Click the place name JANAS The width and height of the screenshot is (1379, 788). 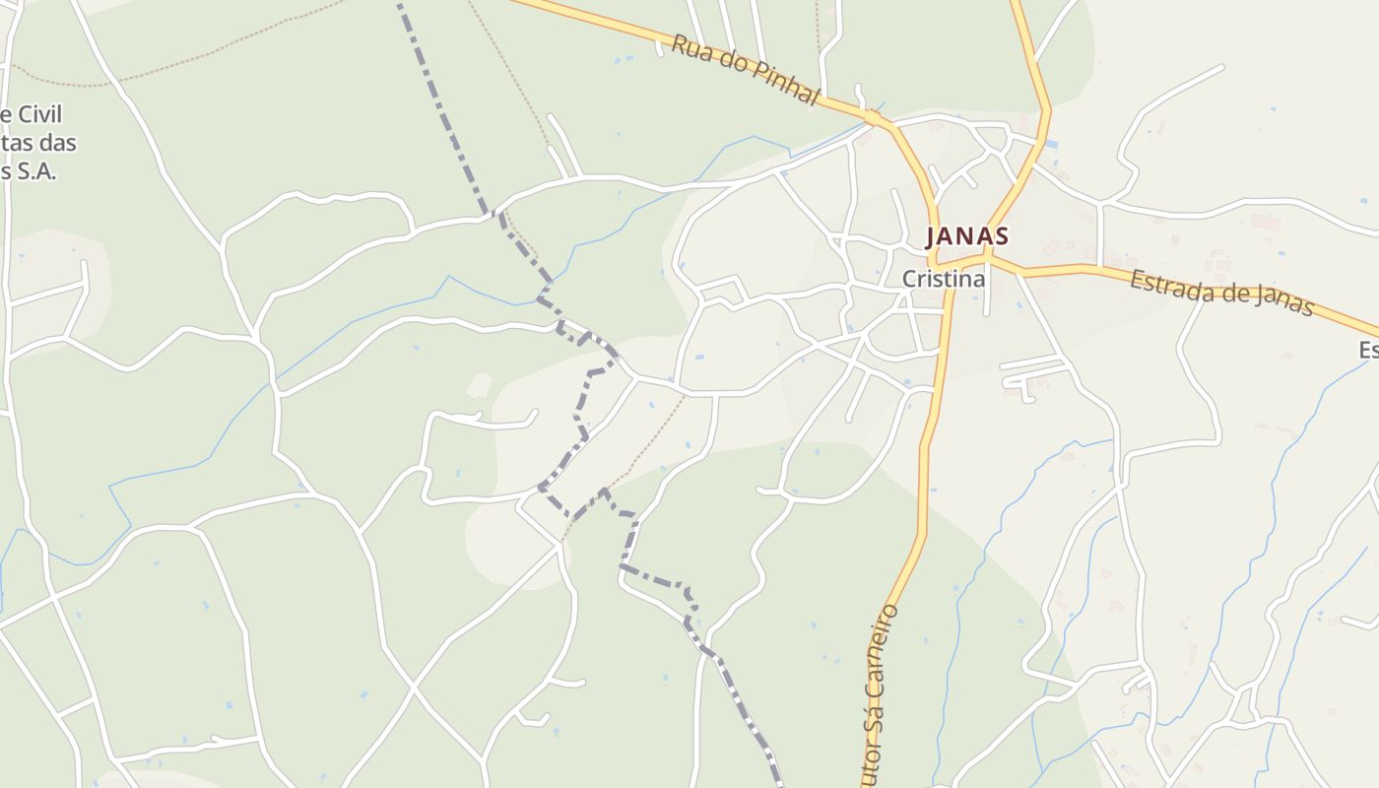pyautogui.click(x=966, y=236)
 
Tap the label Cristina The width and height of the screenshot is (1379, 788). pyautogui.click(x=943, y=279)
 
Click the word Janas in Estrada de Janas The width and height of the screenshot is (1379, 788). pyautogui.click(x=1280, y=301)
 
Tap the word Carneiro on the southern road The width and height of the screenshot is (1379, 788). pyautogui.click(x=886, y=650)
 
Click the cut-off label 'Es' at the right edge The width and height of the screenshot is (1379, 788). pyautogui.click(x=1368, y=350)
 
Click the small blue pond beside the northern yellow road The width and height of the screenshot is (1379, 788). pyautogui.click(x=1051, y=145)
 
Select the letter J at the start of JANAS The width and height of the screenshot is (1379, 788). pyautogui.click(x=931, y=236)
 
